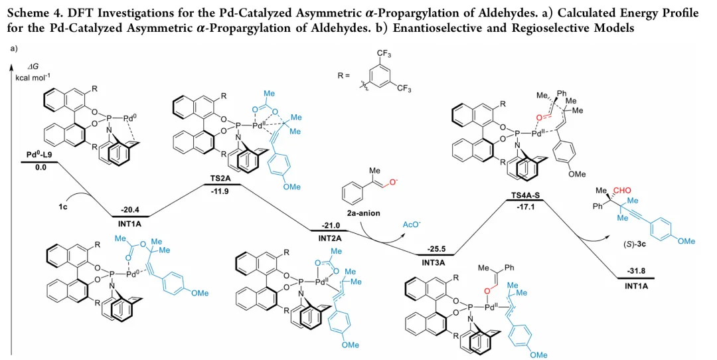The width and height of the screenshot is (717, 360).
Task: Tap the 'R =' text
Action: (x=344, y=75)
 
